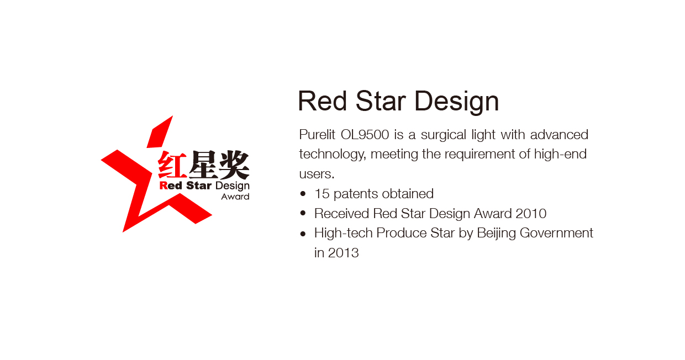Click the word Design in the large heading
456,102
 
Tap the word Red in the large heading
323,101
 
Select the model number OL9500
365,135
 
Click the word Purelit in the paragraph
317,135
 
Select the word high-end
560,155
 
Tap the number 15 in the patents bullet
322,194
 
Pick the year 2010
531,214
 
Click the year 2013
343,253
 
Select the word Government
556,233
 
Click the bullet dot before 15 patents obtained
303,193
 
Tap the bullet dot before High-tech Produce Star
303,234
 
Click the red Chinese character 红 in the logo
172,165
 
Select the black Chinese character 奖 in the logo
234,165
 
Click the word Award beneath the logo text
235,197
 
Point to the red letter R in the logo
164,186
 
